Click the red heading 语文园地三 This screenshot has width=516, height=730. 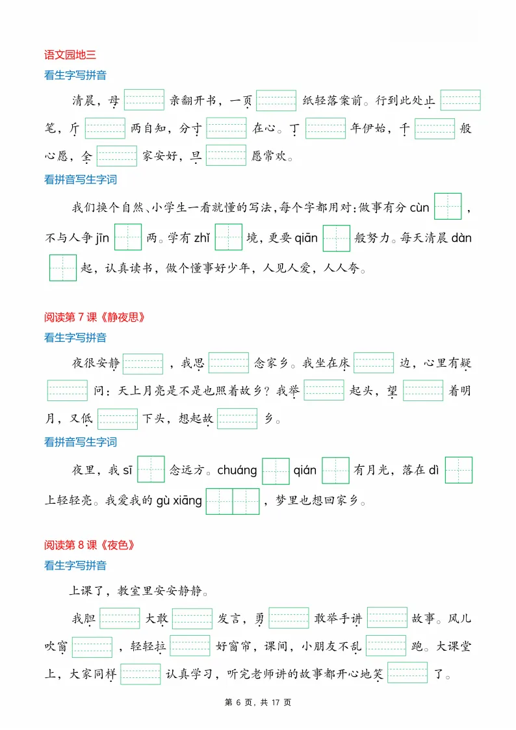point(70,55)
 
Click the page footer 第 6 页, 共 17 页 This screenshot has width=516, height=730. point(258,703)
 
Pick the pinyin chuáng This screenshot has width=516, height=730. point(237,470)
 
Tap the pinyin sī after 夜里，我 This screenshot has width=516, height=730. point(127,470)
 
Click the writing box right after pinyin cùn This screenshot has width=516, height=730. point(448,207)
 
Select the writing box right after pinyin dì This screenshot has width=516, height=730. point(458,470)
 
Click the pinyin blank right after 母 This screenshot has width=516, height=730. point(144,99)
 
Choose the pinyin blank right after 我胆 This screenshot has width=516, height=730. point(120,618)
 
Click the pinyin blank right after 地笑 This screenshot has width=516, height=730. point(407,673)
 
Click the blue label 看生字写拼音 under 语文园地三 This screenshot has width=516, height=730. point(75,75)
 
